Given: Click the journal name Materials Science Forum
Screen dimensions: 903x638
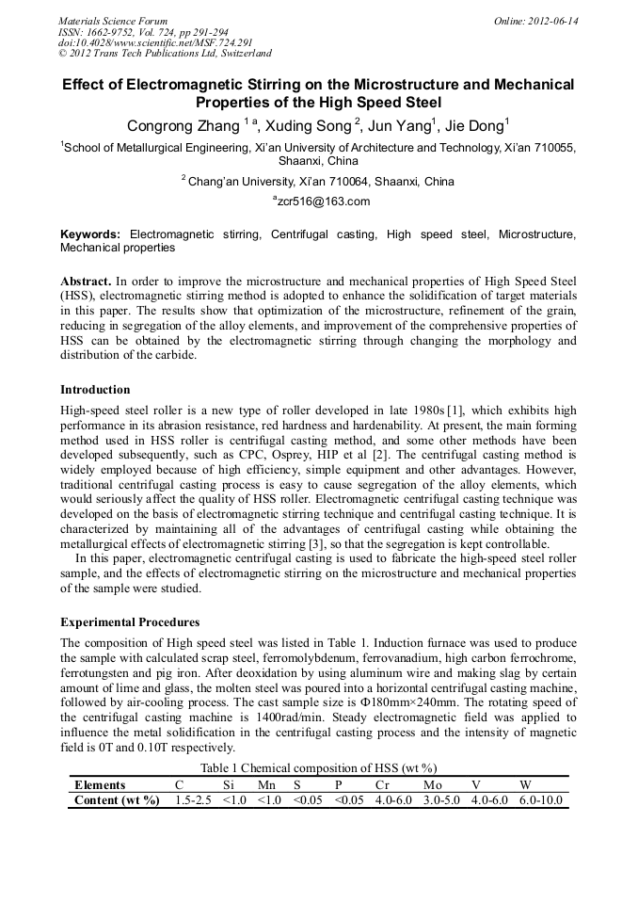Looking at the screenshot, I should [113, 21].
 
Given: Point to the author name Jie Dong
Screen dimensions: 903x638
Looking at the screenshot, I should [475, 125].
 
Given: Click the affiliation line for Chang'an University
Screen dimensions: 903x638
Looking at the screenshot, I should [318, 181].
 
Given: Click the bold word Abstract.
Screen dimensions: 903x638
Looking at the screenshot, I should [86, 282].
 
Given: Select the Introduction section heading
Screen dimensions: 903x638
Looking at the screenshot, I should [95, 390].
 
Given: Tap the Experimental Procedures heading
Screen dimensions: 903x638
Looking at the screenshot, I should [130, 622].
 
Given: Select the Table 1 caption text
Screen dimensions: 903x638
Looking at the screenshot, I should [318, 768].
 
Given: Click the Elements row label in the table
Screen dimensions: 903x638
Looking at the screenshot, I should [100, 784].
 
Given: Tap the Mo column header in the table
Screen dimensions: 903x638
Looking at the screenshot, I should [432, 784].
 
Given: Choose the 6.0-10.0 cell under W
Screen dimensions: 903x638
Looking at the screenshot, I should [541, 800].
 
